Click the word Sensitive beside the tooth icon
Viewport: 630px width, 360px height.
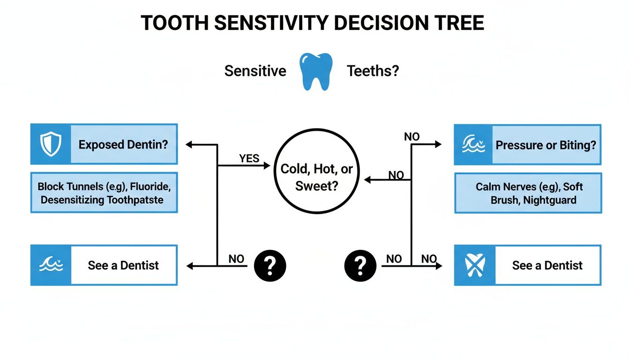255,71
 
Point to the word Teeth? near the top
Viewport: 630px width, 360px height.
373,71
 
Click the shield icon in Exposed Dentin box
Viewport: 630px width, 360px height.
51,144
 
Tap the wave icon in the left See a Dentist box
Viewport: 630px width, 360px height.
51,265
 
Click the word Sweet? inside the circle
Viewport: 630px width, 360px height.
316,186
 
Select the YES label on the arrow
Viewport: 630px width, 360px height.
249,158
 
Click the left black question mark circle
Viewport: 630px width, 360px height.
270,266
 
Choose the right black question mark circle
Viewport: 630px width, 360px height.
360,266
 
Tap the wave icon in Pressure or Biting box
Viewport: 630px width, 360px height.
474,145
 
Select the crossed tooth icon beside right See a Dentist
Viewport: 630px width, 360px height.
474,265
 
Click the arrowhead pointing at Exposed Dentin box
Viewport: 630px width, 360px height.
189,145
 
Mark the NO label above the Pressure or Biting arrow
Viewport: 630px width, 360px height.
412,137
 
